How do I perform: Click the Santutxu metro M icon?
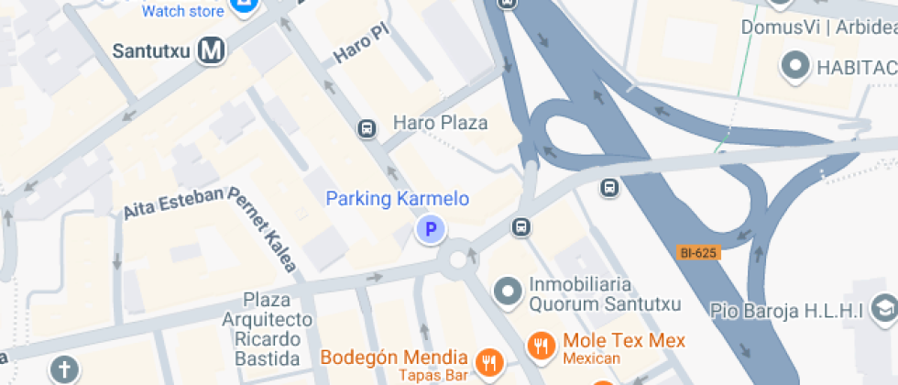point(212,51)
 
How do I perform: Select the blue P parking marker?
point(430,229)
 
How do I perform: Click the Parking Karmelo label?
point(398,199)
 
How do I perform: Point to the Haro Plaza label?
point(440,123)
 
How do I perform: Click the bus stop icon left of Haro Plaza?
point(367,129)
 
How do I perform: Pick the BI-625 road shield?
point(699,252)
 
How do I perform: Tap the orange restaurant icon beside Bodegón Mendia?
point(489,362)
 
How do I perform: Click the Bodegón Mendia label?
point(394,357)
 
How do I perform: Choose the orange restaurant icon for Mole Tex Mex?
point(542,346)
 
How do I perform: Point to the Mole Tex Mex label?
point(624,341)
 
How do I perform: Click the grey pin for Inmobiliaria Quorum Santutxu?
point(506,292)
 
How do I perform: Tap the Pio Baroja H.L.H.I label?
point(788,312)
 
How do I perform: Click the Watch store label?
point(183,12)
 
